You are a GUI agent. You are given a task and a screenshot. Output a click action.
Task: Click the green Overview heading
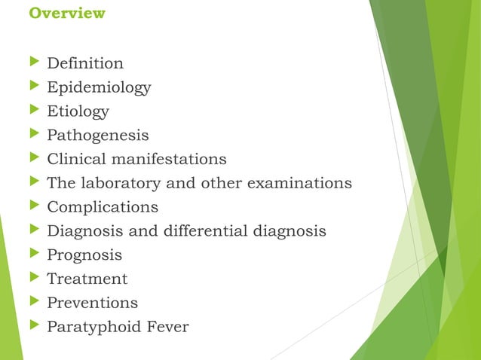(x=66, y=14)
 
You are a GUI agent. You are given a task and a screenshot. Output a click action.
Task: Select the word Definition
(x=85, y=63)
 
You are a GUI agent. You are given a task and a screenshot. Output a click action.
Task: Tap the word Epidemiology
(x=99, y=87)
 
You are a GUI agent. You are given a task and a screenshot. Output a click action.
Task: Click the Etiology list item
(x=78, y=111)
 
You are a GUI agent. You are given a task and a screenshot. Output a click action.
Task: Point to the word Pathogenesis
(x=97, y=136)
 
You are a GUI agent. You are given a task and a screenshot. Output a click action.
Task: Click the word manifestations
(x=173, y=159)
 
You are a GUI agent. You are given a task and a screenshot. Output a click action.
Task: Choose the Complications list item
(x=103, y=207)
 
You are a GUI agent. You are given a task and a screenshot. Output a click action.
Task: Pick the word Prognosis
(x=84, y=255)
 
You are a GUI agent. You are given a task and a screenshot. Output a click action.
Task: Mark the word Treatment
(x=87, y=279)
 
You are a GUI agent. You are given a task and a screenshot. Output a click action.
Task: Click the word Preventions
(x=92, y=303)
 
